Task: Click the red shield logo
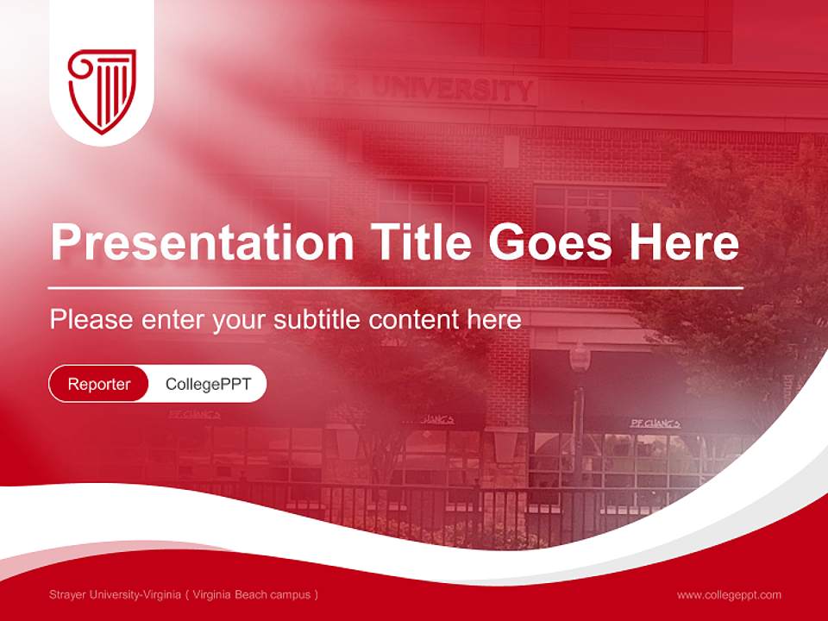pos(102,90)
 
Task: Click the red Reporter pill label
pos(99,384)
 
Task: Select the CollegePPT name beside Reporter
pos(208,384)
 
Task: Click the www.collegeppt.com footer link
pos(729,594)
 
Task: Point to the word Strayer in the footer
pos(70,594)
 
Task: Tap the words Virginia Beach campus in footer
pos(252,594)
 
